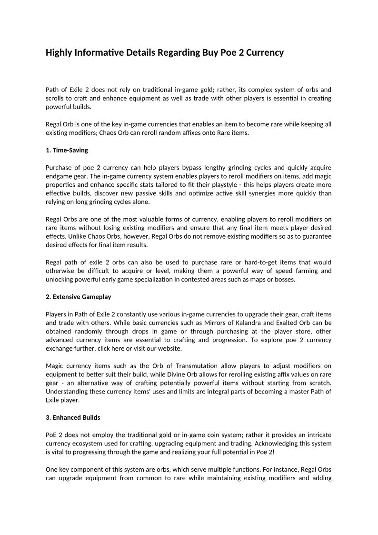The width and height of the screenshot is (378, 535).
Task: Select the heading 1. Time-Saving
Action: click(x=67, y=150)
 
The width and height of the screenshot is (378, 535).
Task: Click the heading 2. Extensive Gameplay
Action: click(x=78, y=297)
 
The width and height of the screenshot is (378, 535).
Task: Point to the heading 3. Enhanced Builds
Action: click(x=73, y=417)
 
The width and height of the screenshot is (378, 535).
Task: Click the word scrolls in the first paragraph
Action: click(x=56, y=98)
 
